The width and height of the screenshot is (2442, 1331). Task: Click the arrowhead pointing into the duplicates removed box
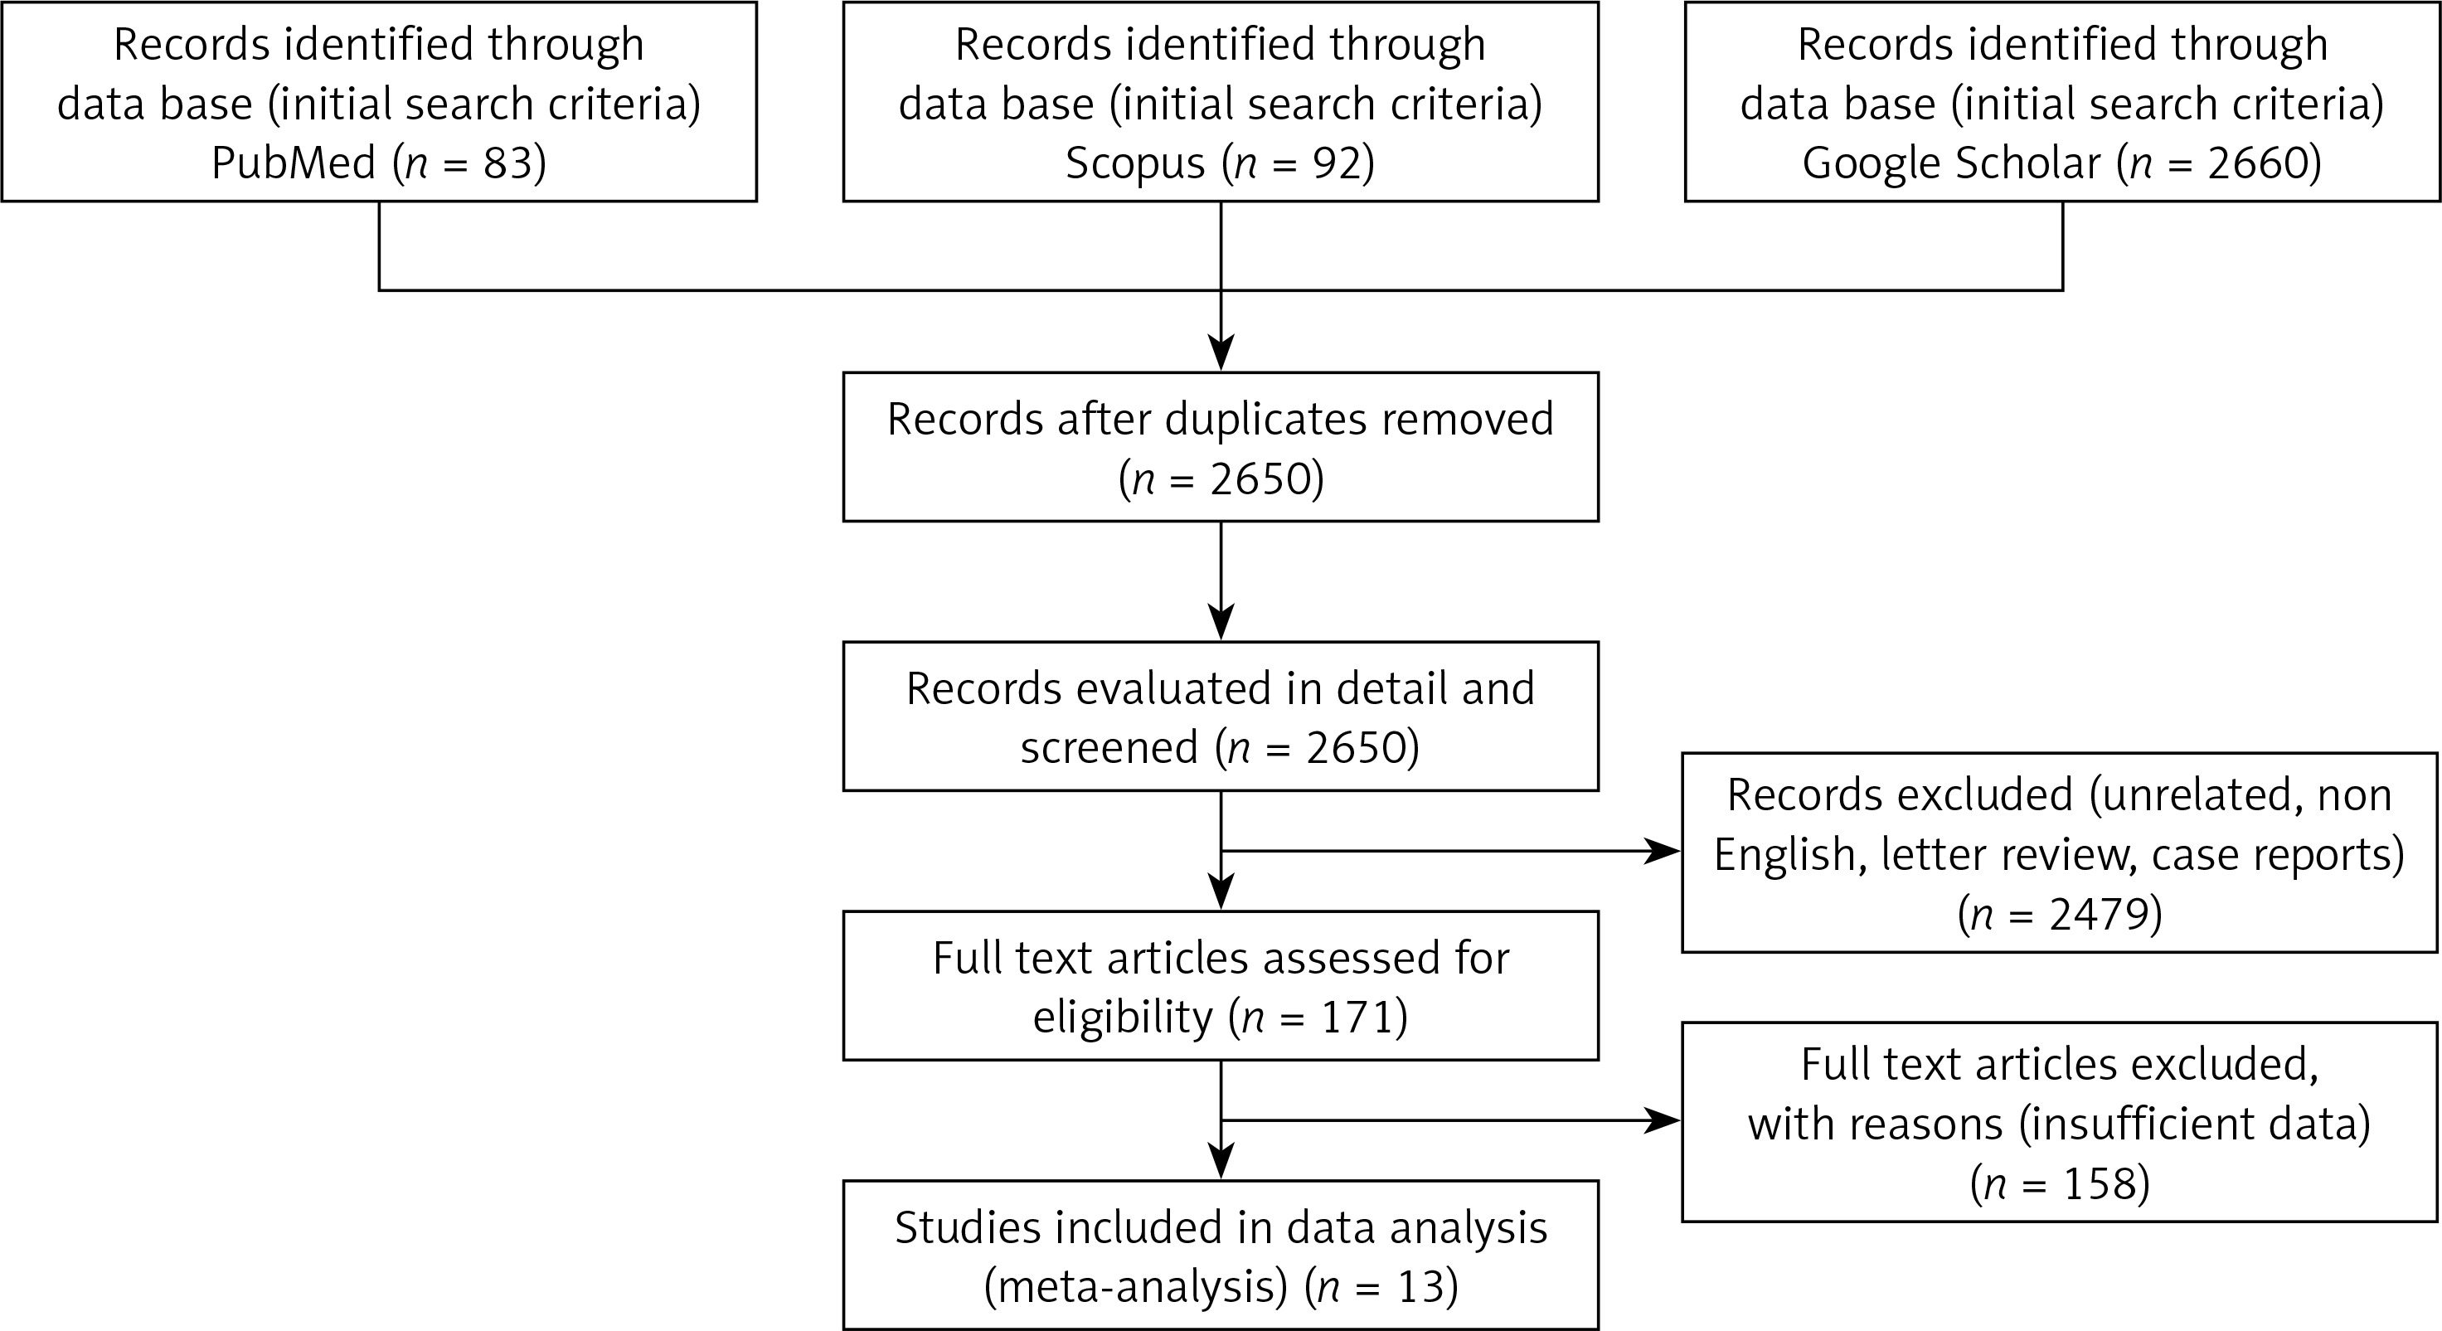tap(1221, 352)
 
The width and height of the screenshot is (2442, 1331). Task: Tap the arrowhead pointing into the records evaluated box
tap(1221, 622)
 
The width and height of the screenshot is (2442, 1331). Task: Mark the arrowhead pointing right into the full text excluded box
tap(1662, 1120)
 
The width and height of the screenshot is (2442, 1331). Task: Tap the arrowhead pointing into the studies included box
tap(1221, 1160)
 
